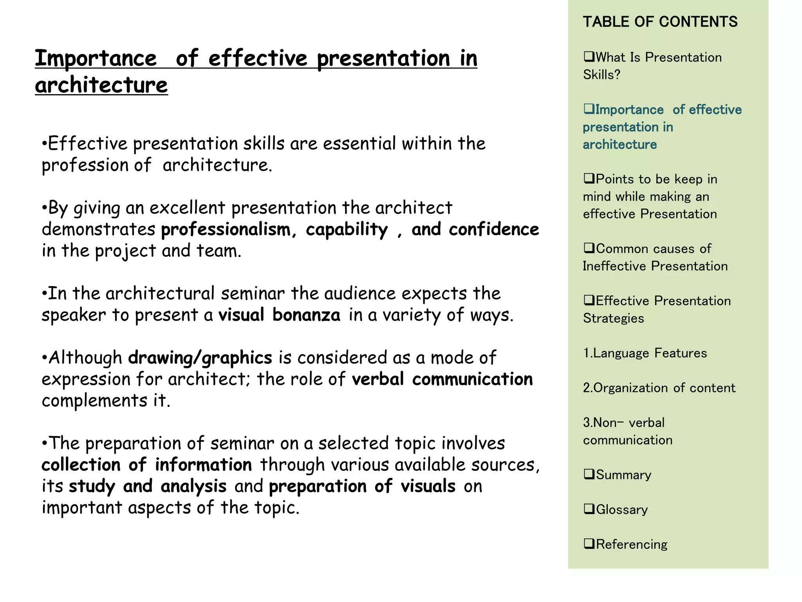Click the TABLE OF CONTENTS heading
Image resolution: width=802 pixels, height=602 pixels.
point(660,22)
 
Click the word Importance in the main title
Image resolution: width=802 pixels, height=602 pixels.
point(96,59)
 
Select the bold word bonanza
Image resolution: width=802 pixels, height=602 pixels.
point(306,315)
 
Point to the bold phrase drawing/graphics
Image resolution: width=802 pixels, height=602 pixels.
point(200,358)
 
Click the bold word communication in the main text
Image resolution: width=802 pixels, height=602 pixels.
point(472,379)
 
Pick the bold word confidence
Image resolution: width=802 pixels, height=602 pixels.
point(494,230)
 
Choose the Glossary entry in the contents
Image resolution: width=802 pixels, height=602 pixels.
point(621,510)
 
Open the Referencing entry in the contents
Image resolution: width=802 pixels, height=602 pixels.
point(631,544)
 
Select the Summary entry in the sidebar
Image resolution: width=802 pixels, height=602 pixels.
point(623,475)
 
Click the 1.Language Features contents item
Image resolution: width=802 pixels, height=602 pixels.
point(645,353)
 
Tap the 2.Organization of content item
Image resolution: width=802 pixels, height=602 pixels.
point(659,388)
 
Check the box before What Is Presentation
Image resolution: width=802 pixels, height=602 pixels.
point(589,57)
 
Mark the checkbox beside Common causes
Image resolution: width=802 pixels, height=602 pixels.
point(589,248)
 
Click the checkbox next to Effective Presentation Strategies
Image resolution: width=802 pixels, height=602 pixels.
point(589,301)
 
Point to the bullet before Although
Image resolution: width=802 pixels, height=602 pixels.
point(45,358)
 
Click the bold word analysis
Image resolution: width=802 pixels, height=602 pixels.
point(193,486)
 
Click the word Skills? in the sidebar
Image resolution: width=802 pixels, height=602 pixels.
point(601,74)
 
